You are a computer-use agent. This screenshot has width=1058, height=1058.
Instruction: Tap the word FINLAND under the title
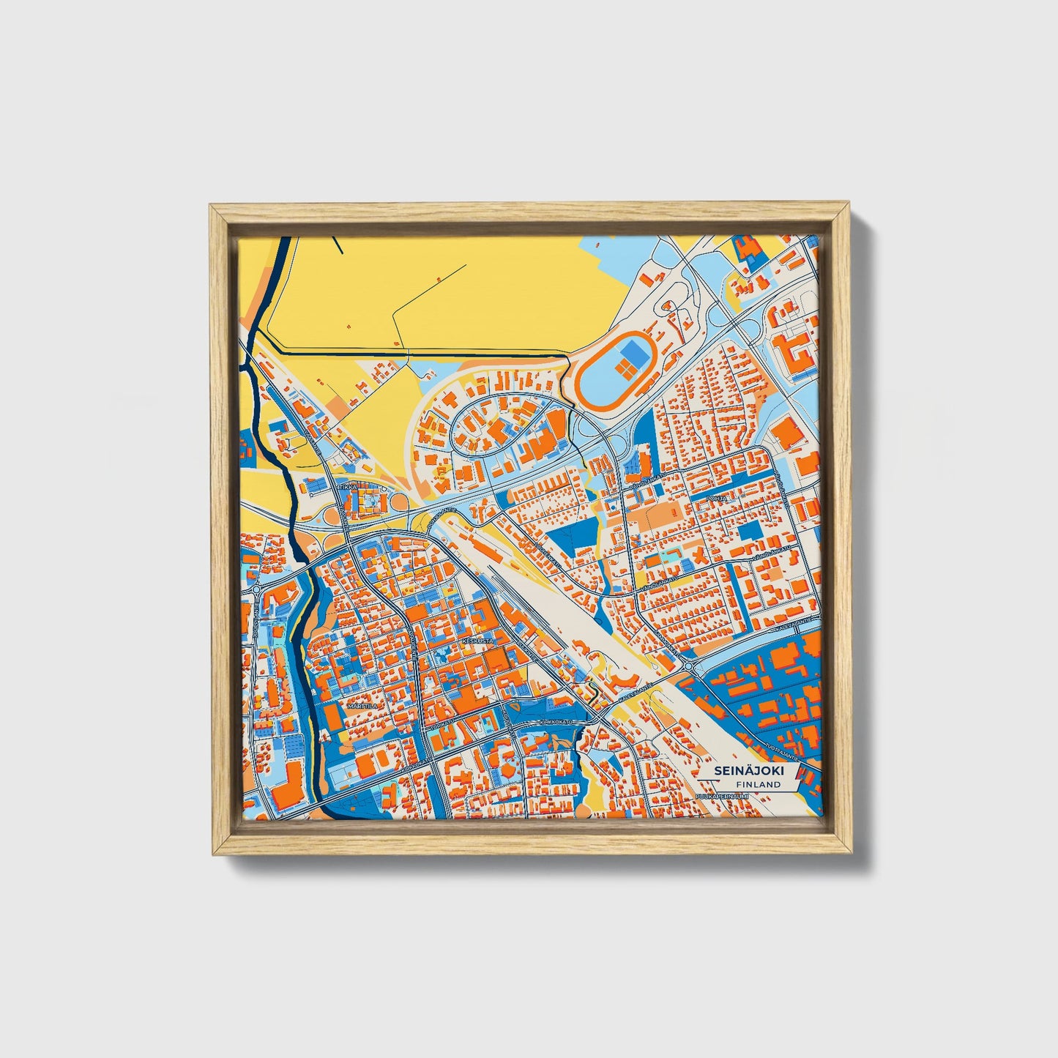pyautogui.click(x=758, y=784)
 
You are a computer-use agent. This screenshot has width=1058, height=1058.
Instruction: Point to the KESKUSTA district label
pyautogui.click(x=479, y=640)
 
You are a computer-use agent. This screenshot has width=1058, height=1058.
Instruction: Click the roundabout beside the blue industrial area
pyautogui.click(x=688, y=666)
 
